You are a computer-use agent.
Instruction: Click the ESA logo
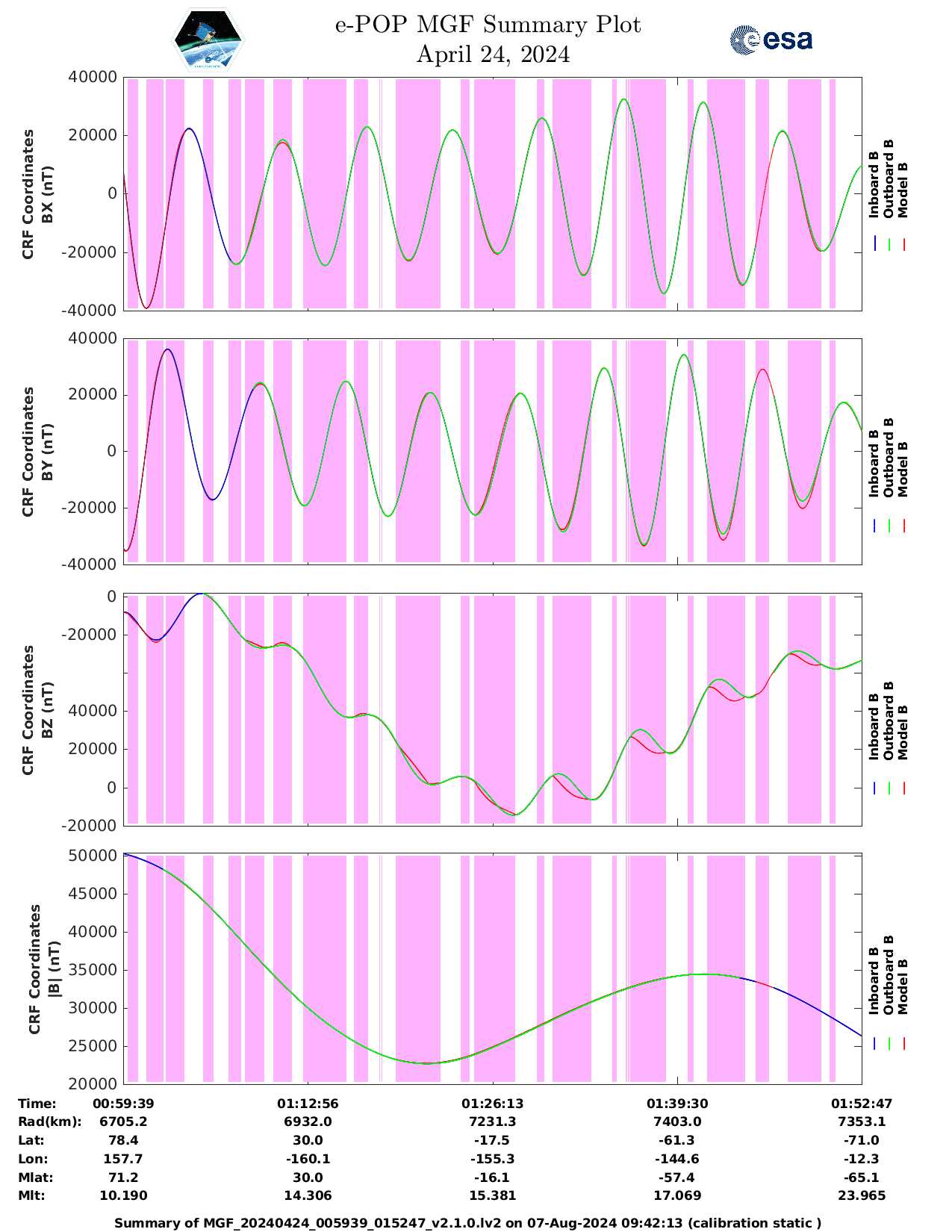tap(771, 40)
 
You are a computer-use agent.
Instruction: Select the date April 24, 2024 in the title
tap(493, 55)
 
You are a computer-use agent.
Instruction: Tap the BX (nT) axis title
tap(47, 194)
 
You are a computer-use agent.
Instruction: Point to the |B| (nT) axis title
tap(54, 969)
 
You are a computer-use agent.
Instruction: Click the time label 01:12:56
tap(308, 1104)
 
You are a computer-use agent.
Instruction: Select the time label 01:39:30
tap(677, 1104)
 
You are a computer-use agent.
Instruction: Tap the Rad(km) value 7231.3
tap(492, 1121)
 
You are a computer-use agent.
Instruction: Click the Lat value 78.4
tap(123, 1140)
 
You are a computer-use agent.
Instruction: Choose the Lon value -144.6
tap(677, 1159)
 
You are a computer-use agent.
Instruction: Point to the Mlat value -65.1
tap(862, 1177)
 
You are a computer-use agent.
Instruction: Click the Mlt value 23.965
tap(862, 1195)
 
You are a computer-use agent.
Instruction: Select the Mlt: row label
tap(31, 1195)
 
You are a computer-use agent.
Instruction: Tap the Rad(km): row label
tap(49, 1121)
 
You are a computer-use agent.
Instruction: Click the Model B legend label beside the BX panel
tap(902, 190)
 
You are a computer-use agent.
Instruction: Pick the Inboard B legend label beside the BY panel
tap(874, 470)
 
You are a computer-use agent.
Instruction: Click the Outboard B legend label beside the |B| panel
tap(888, 974)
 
